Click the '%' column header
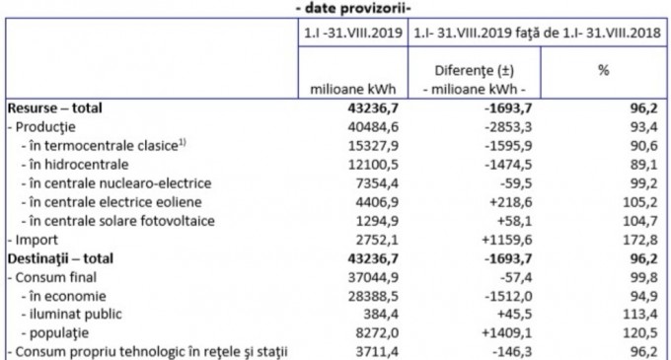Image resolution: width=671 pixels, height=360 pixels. [x=603, y=72]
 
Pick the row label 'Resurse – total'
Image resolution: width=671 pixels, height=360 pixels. [x=56, y=108]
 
